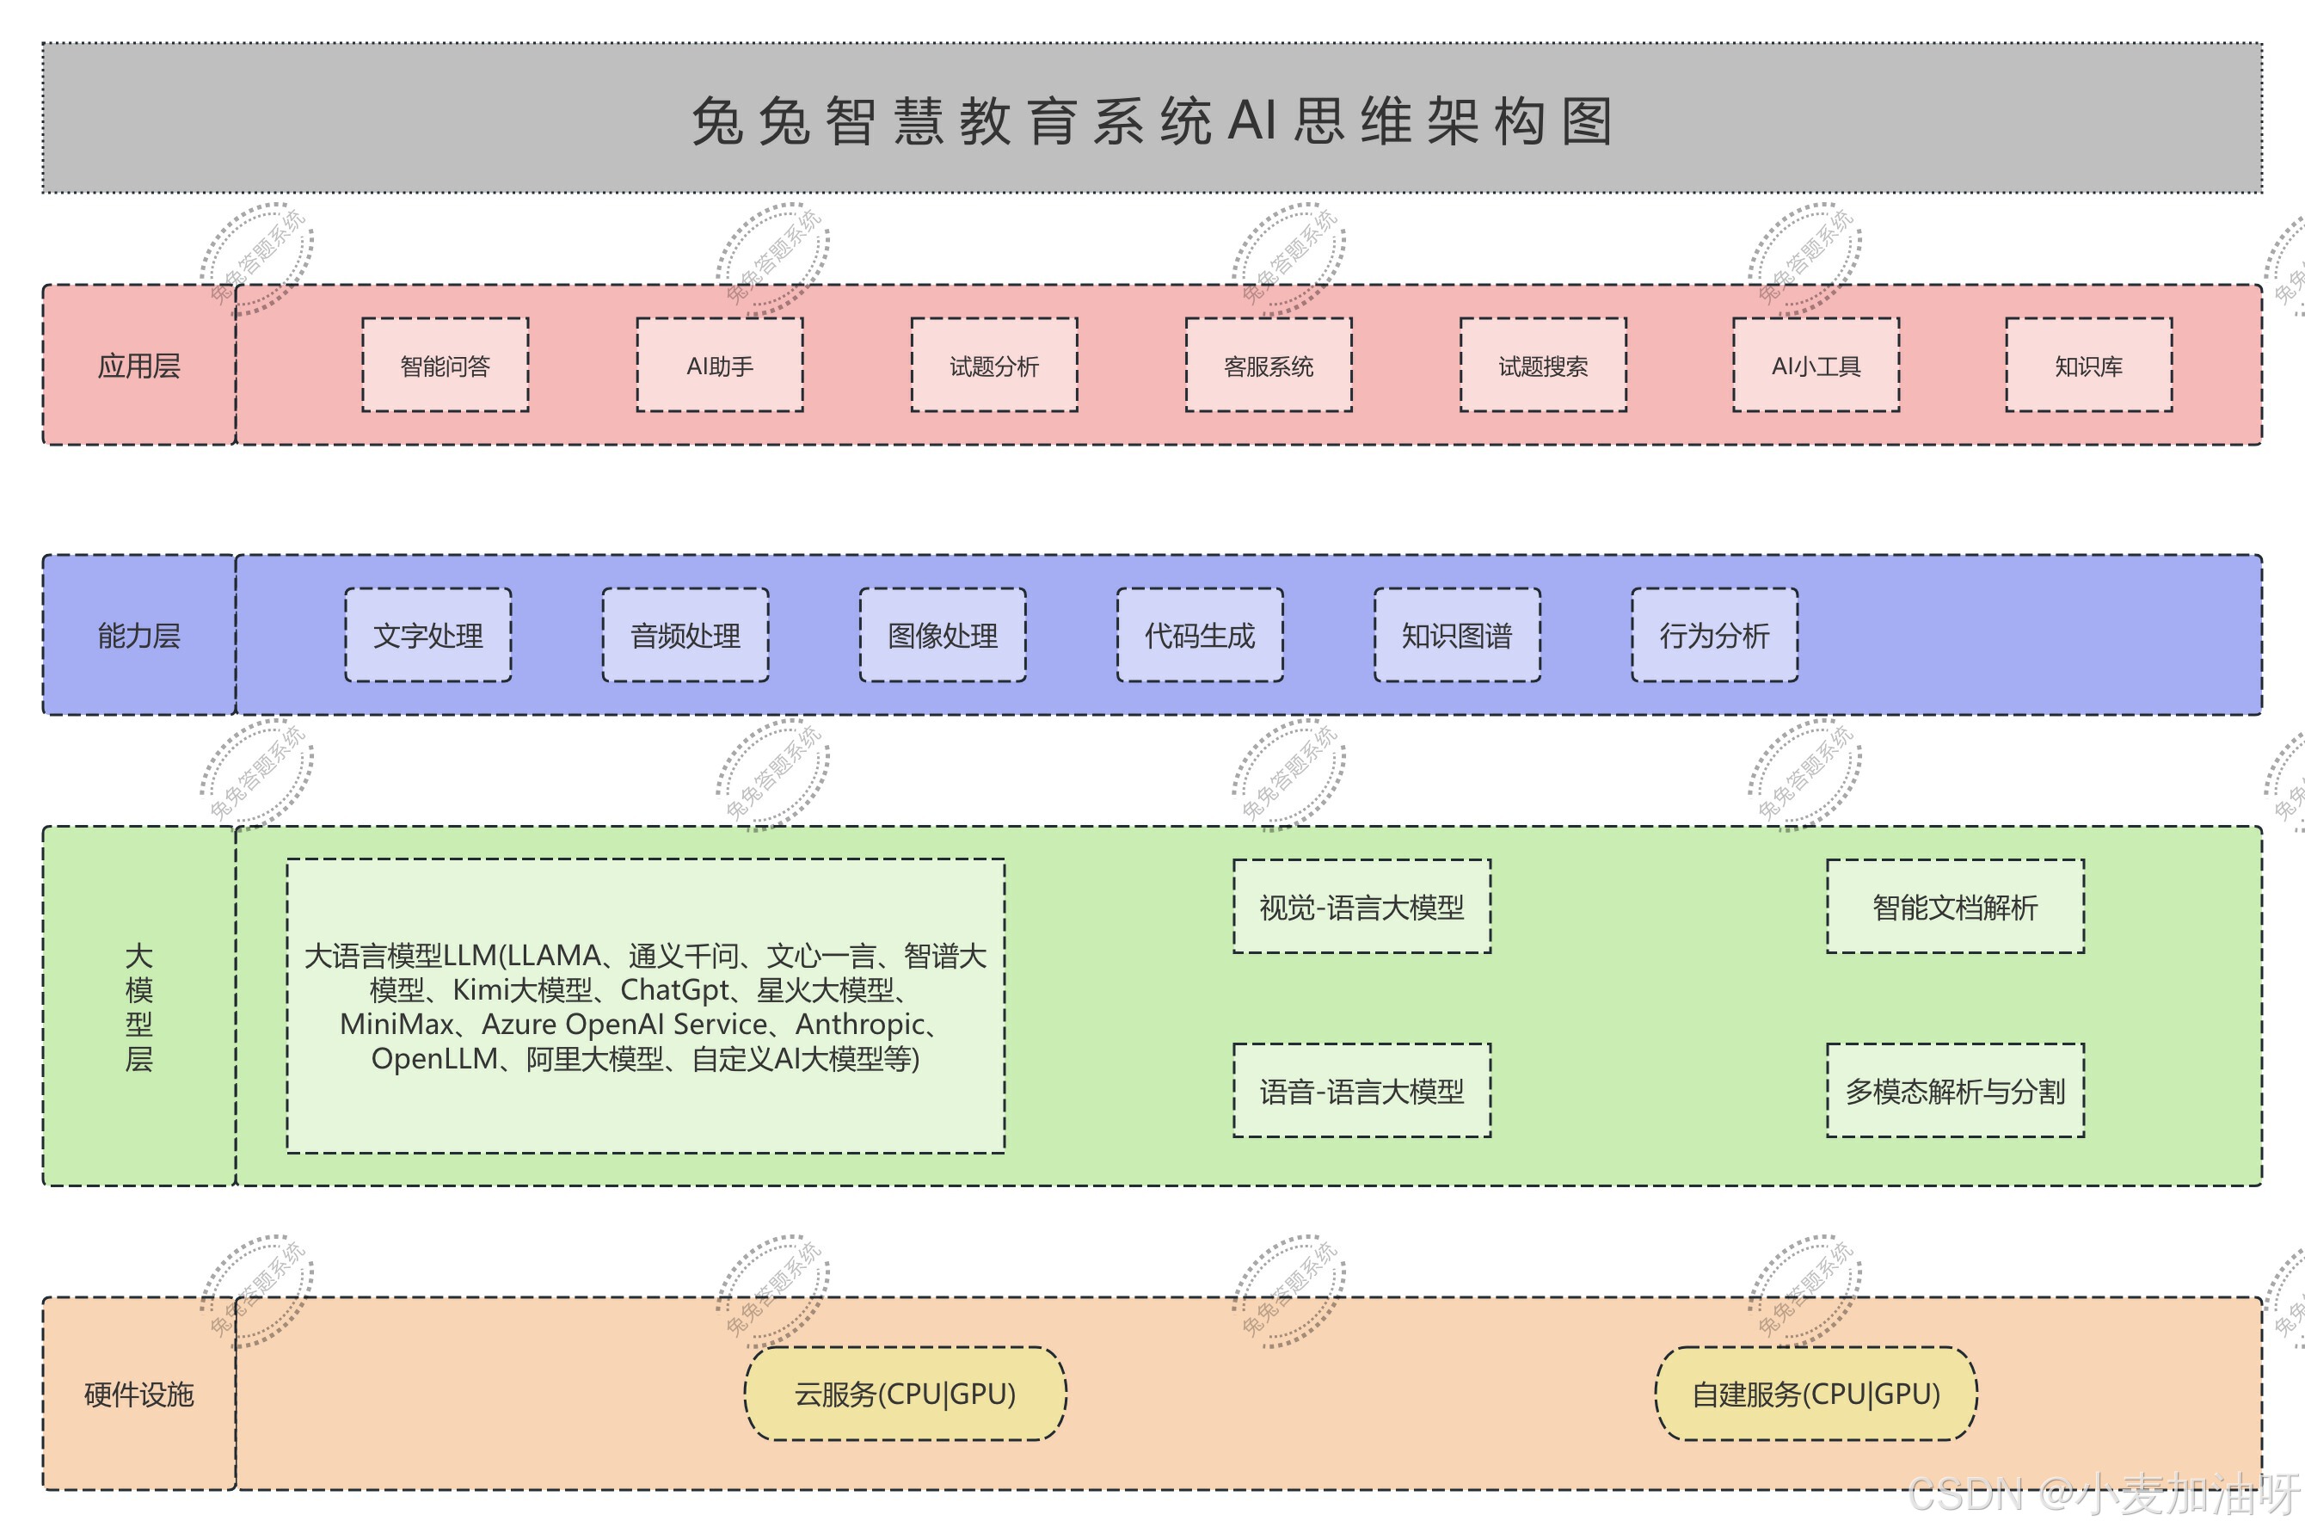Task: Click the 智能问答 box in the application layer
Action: point(445,365)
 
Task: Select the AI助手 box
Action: point(720,365)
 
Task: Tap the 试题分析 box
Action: point(994,365)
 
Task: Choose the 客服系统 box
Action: point(1269,365)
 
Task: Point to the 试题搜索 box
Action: point(1542,365)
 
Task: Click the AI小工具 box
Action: point(1816,365)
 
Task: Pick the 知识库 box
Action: point(2089,365)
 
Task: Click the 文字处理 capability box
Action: point(428,636)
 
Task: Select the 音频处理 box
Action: point(685,636)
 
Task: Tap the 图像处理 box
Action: point(943,636)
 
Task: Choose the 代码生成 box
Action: point(1200,636)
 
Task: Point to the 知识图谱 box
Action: point(1456,636)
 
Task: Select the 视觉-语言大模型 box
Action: point(1361,907)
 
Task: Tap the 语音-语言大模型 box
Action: point(1361,1090)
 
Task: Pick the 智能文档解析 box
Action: point(1955,907)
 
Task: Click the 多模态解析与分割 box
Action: point(1955,1090)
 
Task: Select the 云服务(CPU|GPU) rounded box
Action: point(905,1393)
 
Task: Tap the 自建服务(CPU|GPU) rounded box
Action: point(1816,1393)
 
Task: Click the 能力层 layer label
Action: point(138,636)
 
